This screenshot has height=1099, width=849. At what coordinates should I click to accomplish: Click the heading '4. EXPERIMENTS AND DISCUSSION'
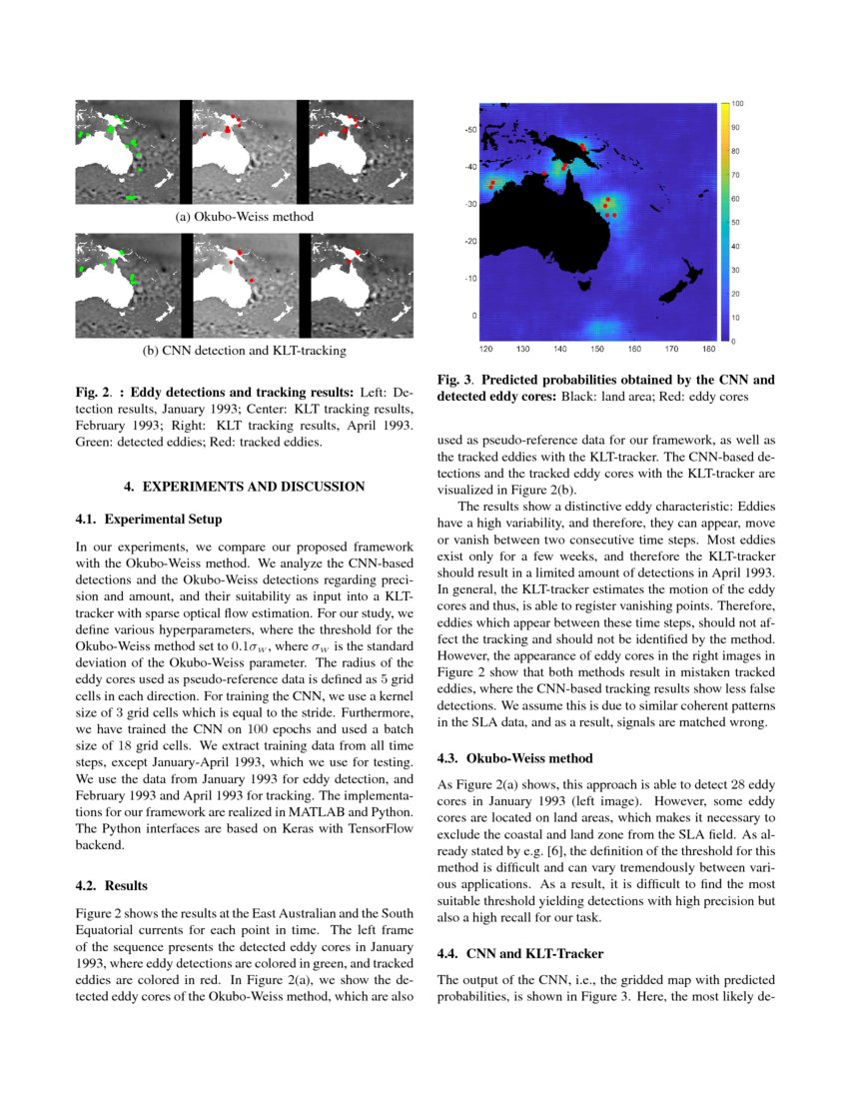tap(244, 487)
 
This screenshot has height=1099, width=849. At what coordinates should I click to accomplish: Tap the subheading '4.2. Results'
tap(112, 885)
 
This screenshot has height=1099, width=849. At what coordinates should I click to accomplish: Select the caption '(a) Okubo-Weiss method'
tap(245, 217)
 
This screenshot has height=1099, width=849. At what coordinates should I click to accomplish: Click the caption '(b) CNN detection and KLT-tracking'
tap(245, 351)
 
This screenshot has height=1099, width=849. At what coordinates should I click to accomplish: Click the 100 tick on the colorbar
tap(737, 104)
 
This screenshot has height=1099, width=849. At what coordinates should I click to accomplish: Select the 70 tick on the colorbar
tap(736, 175)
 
